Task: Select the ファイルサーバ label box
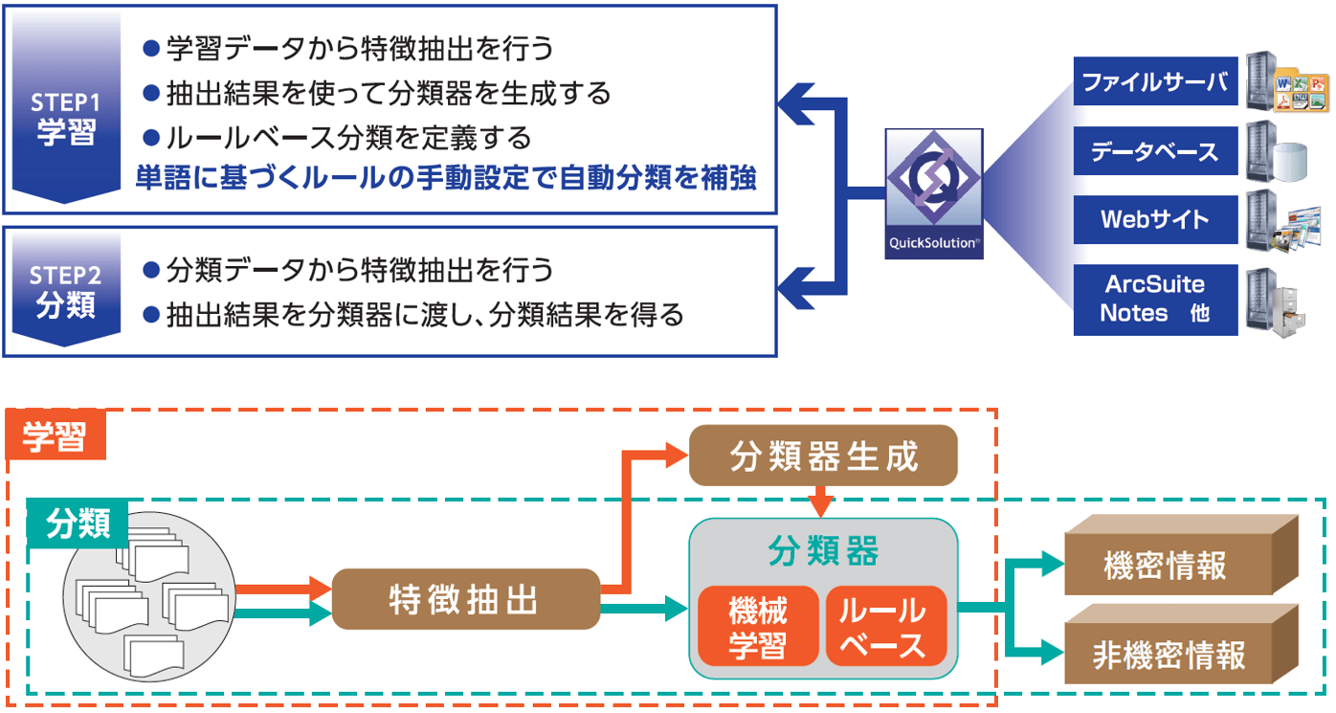point(1155,82)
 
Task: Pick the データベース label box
point(1155,151)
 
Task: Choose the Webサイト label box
point(1155,219)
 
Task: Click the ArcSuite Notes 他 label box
point(1155,299)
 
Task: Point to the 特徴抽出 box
point(465,600)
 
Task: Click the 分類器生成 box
point(823,456)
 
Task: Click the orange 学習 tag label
point(55,435)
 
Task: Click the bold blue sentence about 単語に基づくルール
point(446,178)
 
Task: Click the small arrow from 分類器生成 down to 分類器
point(820,501)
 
